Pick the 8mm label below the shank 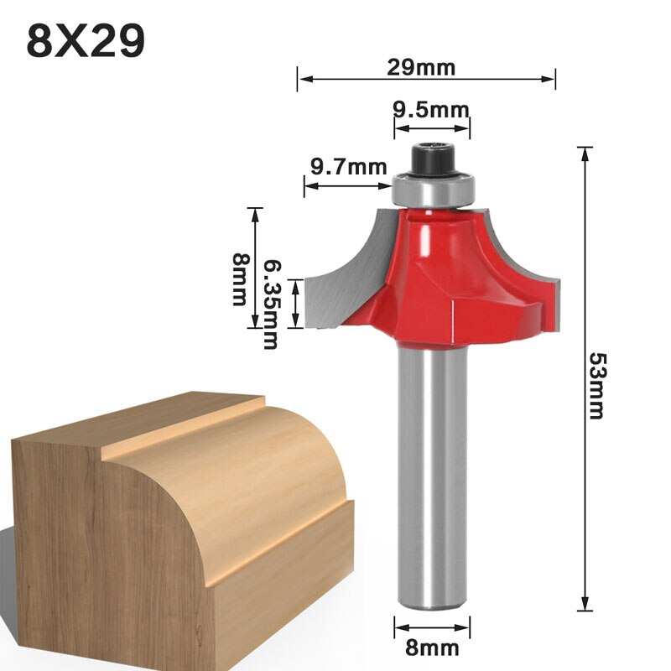(433, 648)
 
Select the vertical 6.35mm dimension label (271, 304)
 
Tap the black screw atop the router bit (433, 159)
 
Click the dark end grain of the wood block (101, 545)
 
